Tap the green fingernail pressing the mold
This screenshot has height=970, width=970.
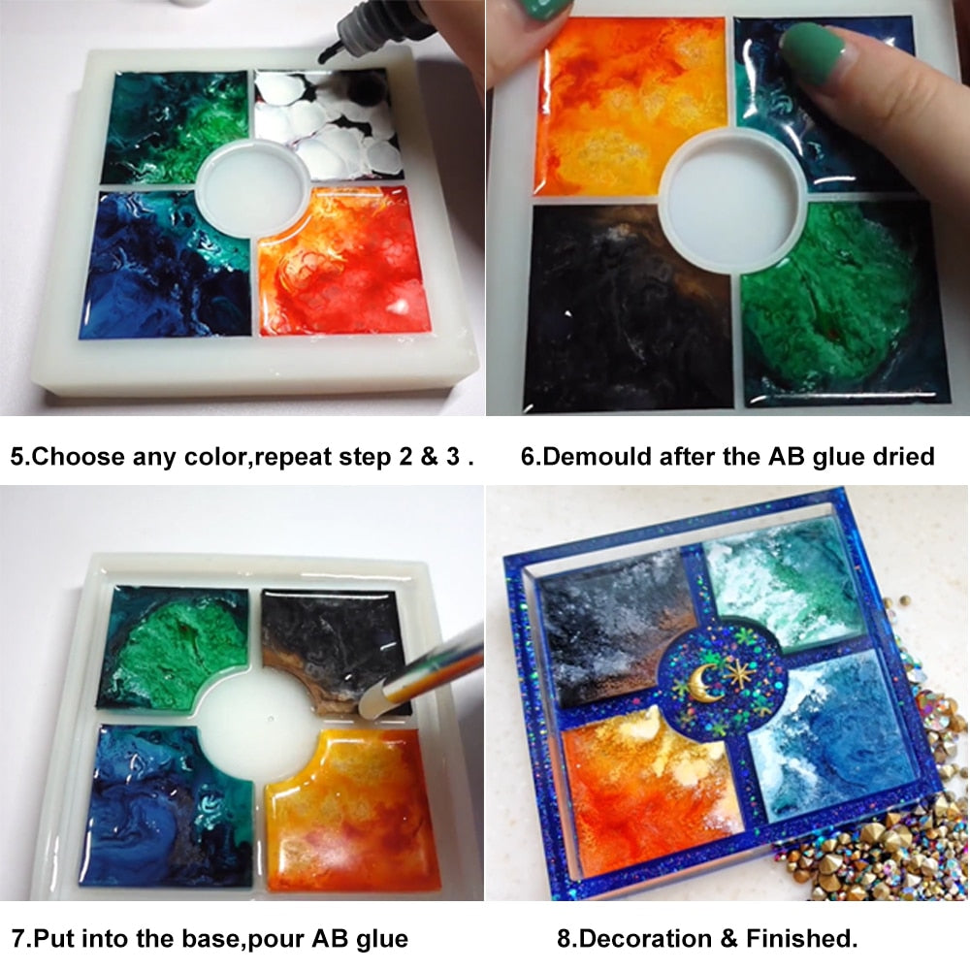click(x=813, y=53)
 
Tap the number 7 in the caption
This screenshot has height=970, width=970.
click(x=17, y=938)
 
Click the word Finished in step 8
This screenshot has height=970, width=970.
click(x=802, y=938)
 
